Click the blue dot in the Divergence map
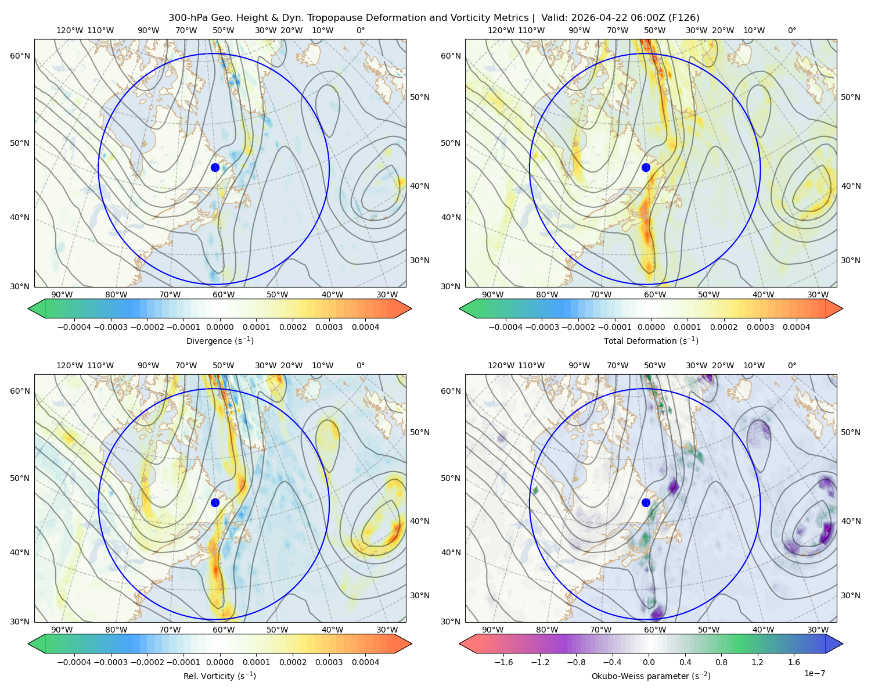tap(215, 168)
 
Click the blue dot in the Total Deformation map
tap(646, 168)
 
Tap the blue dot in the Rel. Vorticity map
tap(215, 502)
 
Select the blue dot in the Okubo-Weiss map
tap(646, 502)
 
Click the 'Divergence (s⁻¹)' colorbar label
tap(219, 340)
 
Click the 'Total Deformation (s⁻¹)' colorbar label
tap(651, 340)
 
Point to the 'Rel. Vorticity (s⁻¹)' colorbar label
tap(219, 676)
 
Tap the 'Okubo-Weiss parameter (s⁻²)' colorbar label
tap(651, 676)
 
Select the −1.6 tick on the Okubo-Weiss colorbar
tap(503, 662)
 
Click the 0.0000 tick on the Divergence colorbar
tap(219, 327)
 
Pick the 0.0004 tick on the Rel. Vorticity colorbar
tap(365, 662)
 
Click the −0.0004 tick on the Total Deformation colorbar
tap(506, 327)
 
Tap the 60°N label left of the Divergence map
tap(20, 56)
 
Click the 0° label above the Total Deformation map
tap(792, 30)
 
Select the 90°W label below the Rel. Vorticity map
tap(62, 630)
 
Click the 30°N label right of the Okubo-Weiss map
tap(851, 595)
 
